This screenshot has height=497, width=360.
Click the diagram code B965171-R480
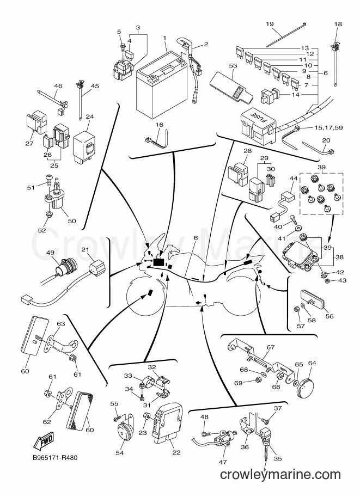(56, 458)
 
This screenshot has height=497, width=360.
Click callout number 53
(233, 66)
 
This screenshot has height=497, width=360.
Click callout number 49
(51, 253)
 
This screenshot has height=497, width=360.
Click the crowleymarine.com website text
(280, 475)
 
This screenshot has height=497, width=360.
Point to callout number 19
(270, 24)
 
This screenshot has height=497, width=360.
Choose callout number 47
(223, 462)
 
